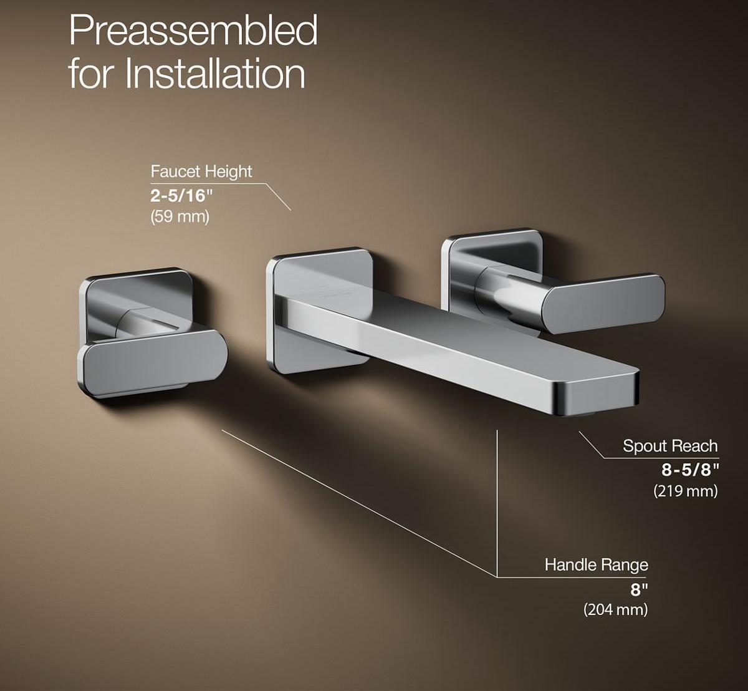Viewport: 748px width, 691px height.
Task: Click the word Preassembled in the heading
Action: tap(193, 30)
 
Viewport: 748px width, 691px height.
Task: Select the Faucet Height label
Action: tap(201, 171)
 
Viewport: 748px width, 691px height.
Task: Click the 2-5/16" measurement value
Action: tap(181, 195)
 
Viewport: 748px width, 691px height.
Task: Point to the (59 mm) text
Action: tap(180, 217)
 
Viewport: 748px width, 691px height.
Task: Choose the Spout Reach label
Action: tap(670, 446)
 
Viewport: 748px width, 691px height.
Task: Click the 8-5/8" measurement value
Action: tap(690, 468)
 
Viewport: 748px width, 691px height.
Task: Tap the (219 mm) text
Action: tap(685, 491)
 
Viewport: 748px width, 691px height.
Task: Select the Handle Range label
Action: tap(596, 565)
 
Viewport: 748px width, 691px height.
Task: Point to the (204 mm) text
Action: tap(615, 609)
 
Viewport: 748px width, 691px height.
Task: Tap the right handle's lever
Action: tap(602, 301)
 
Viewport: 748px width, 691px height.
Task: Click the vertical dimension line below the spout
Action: tap(497, 499)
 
